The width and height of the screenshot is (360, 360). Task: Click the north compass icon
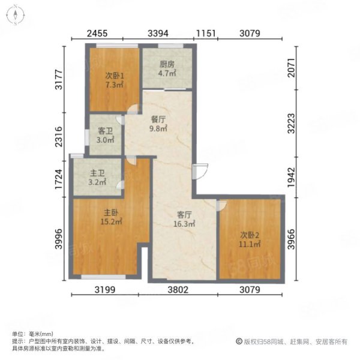coord(16,16)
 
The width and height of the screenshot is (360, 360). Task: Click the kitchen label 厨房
coord(167,64)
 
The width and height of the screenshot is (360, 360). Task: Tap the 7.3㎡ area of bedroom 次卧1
coord(115,85)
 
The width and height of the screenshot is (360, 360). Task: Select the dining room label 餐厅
coord(158,119)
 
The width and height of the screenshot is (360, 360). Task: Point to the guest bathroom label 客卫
coord(105,131)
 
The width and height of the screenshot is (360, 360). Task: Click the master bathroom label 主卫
coord(97,173)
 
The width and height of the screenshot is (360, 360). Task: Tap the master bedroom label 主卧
coord(111,212)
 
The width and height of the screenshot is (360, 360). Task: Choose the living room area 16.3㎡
coord(184,224)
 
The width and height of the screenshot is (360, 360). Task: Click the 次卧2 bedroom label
coord(250,235)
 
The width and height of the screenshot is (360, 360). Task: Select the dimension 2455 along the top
coord(97,34)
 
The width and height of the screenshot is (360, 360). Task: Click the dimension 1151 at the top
coord(206,34)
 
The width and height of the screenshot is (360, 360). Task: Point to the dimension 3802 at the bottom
coord(178,290)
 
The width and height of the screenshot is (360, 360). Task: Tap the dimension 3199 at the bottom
coord(105,290)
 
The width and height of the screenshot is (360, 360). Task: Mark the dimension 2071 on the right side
coord(292,68)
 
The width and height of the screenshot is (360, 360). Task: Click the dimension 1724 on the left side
coord(59,179)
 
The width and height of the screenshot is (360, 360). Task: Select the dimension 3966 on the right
coord(292,239)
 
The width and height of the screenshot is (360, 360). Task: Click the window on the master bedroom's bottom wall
coord(104,277)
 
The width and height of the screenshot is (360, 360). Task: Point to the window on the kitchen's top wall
coord(170,46)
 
